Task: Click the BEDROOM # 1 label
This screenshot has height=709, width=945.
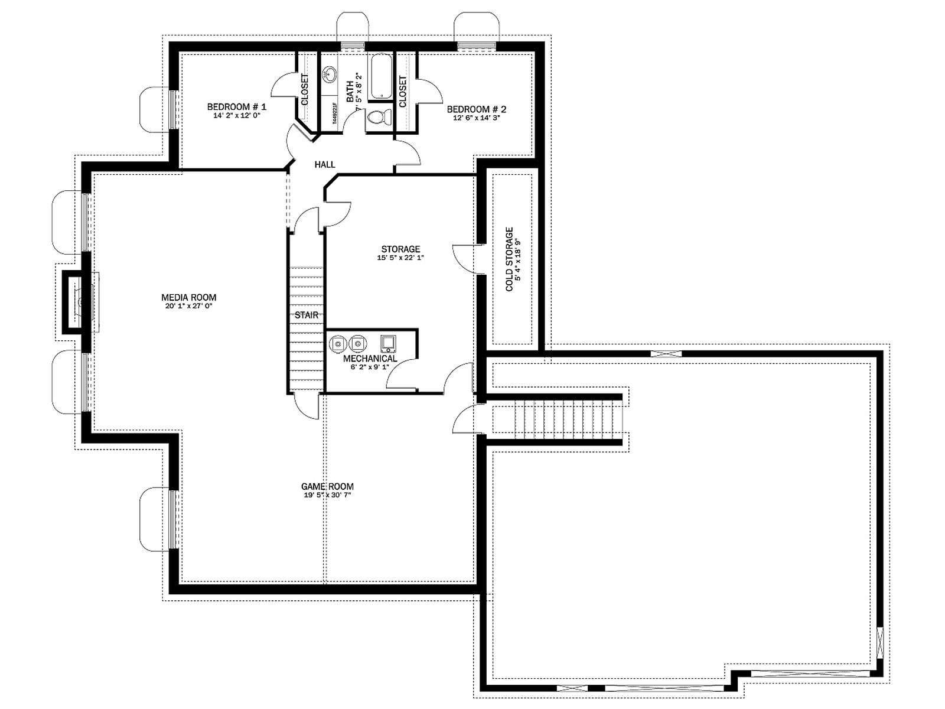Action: pyautogui.click(x=237, y=107)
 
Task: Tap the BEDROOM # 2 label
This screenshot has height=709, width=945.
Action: pyautogui.click(x=476, y=109)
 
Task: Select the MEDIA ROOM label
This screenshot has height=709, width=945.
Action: pyautogui.click(x=188, y=297)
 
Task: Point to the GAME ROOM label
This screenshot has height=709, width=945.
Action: pyautogui.click(x=327, y=486)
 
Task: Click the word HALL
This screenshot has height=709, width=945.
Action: pyautogui.click(x=325, y=164)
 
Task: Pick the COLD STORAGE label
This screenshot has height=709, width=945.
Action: pyautogui.click(x=509, y=259)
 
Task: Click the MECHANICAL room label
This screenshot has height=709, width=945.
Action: pyautogui.click(x=370, y=359)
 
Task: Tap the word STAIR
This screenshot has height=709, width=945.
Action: pyautogui.click(x=307, y=315)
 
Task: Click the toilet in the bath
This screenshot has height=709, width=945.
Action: pyautogui.click(x=379, y=116)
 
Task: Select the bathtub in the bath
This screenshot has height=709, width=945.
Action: pyautogui.click(x=381, y=76)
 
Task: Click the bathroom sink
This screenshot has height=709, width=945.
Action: pyautogui.click(x=330, y=75)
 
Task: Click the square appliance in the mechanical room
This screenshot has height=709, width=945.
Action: pyautogui.click(x=388, y=343)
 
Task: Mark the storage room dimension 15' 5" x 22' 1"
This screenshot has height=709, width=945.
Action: pyautogui.click(x=400, y=258)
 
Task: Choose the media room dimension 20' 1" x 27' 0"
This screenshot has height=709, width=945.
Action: pyautogui.click(x=188, y=306)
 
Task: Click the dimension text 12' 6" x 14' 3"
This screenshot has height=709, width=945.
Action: pyautogui.click(x=476, y=118)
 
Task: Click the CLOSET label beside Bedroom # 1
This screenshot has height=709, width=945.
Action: pyautogui.click(x=305, y=90)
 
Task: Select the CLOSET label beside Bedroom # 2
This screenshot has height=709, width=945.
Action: pyautogui.click(x=403, y=92)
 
